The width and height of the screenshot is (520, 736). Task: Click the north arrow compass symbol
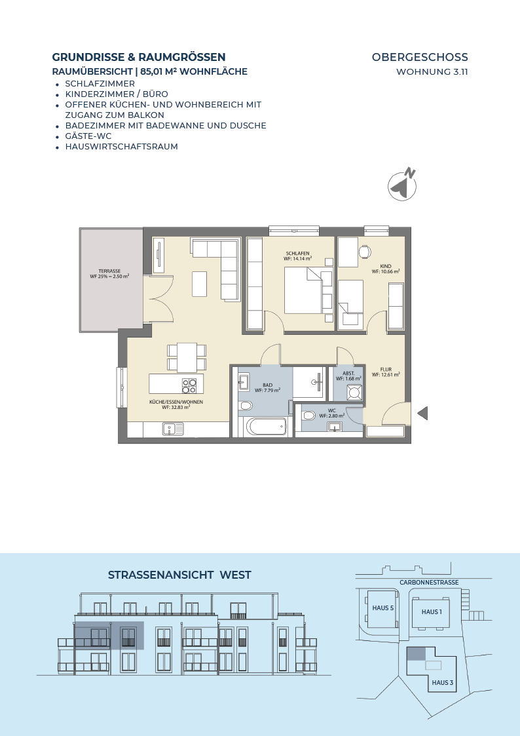[403, 185]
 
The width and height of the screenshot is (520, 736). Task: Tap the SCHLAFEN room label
[298, 254]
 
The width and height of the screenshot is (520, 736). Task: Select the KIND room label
[386, 266]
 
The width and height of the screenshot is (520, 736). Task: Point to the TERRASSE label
[109, 271]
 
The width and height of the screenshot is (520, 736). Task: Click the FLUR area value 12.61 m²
[386, 375]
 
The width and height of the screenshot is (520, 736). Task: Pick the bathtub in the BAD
[267, 427]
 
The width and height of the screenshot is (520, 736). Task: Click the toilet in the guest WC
[308, 415]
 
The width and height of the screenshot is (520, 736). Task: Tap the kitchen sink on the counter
[174, 429]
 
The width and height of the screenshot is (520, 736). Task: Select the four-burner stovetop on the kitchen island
[189, 385]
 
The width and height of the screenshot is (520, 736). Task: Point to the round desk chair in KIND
[365, 252]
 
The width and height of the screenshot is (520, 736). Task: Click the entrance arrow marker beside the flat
[422, 414]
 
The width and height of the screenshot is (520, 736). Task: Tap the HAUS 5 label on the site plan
[383, 608]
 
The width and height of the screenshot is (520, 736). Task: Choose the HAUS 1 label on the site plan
[432, 611]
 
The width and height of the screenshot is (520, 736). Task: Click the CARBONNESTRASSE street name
[429, 583]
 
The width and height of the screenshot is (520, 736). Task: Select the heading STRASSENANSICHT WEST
[179, 575]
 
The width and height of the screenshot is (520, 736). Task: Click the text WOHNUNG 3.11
[432, 72]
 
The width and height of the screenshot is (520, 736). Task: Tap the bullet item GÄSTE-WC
[88, 136]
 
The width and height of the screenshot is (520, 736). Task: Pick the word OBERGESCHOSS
[420, 57]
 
